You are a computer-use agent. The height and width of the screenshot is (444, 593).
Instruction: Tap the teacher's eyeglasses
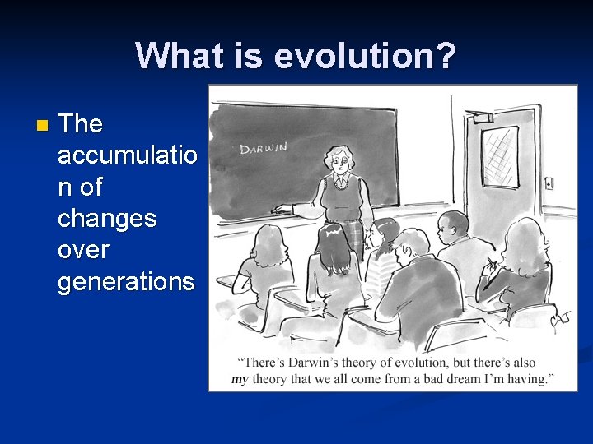pos(339,162)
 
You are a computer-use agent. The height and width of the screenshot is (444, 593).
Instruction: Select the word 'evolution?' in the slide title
pos(365,55)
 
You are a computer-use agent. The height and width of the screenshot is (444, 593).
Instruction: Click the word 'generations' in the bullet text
pos(126,282)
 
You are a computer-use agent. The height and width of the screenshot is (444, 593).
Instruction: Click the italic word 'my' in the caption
pos(239,379)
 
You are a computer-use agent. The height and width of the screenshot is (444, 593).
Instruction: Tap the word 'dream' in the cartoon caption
pos(470,379)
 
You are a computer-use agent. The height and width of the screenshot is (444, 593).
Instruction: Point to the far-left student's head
pos(265,244)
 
